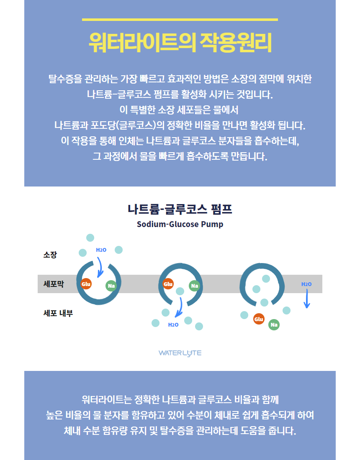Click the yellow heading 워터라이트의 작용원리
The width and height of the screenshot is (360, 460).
coord(180,43)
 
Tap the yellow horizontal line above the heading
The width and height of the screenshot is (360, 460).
coord(180,20)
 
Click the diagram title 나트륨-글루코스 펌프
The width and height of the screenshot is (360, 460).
coord(180,209)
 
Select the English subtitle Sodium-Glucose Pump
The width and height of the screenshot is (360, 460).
coord(180,224)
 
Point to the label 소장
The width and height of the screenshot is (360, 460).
coord(50,255)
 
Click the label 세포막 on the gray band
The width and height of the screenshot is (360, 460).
coord(54,284)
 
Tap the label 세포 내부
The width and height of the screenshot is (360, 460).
coord(58,313)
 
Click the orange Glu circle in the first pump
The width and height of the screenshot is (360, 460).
coord(86,284)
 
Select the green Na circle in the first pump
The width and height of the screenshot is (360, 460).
coord(111,286)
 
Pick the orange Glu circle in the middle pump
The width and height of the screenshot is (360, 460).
coord(168,284)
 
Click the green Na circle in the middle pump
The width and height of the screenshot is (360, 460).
coord(194,286)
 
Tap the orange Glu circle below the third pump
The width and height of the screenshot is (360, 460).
coord(259,319)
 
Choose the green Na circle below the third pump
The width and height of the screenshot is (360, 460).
coord(274,325)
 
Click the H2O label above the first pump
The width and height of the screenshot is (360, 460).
coord(101,250)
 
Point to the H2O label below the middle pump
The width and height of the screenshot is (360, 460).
coord(173,325)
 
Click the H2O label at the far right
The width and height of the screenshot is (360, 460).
coord(306,284)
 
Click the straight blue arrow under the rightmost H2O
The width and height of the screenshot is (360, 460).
coord(307,299)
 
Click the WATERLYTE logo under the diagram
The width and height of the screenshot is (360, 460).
coord(180,353)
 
